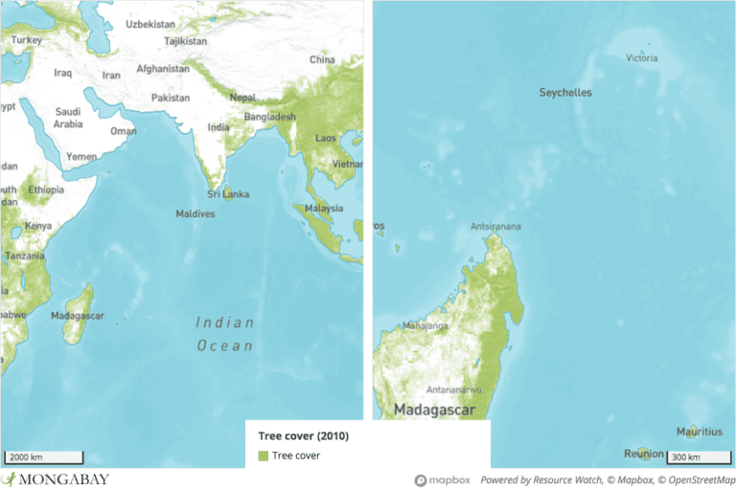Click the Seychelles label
click(564, 93)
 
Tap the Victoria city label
click(642, 58)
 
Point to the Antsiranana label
click(496, 227)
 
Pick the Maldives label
click(195, 213)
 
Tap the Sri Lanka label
click(229, 194)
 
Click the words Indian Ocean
click(225, 334)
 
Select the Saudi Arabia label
click(68, 117)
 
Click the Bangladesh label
click(269, 116)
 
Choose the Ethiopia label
click(46, 189)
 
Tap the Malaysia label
click(324, 208)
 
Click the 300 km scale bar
click(697, 457)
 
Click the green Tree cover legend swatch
click(263, 456)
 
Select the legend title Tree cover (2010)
click(304, 436)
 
